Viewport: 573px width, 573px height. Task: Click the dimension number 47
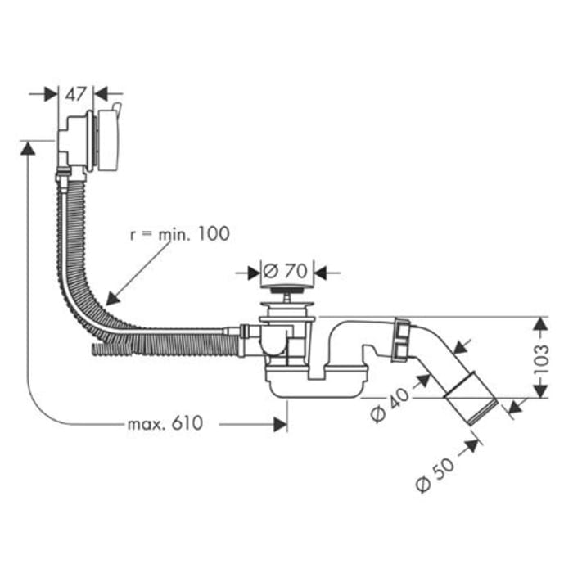coord(76,94)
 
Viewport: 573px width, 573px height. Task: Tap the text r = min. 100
coord(179,234)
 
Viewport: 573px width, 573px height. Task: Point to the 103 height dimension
coord(540,359)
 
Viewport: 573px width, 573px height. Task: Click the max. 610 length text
coord(164,423)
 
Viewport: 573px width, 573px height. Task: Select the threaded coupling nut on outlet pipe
coord(401,339)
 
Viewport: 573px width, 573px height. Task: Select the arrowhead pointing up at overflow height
coord(28,147)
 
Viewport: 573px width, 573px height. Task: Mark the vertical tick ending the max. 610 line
coord(286,423)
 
